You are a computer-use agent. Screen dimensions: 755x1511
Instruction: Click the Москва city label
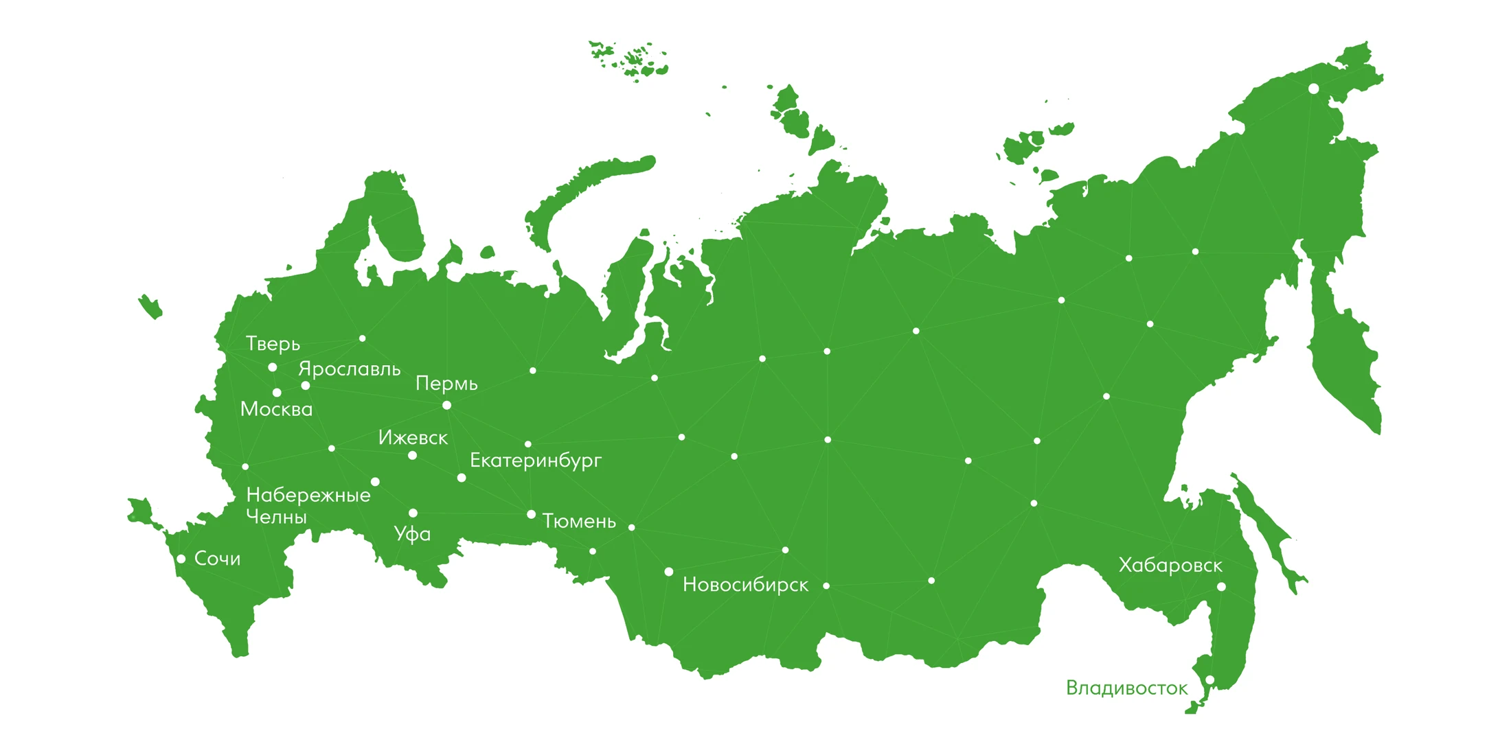(x=276, y=409)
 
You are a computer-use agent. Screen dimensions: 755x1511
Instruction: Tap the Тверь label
(x=273, y=344)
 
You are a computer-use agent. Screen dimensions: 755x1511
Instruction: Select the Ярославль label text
(x=349, y=369)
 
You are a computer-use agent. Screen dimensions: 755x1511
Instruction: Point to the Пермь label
(x=446, y=383)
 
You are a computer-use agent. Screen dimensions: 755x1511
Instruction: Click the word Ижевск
(x=413, y=437)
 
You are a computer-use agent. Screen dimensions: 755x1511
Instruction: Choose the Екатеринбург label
(x=535, y=461)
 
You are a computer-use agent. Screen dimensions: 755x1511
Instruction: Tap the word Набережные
(x=308, y=495)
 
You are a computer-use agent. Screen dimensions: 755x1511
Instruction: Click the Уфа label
(x=412, y=534)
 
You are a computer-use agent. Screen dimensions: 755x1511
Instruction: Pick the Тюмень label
(x=579, y=522)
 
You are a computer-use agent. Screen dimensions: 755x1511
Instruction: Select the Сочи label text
(x=217, y=559)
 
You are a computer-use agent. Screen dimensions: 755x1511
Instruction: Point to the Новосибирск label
(x=745, y=585)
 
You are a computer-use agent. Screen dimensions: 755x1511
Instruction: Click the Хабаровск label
(x=1170, y=566)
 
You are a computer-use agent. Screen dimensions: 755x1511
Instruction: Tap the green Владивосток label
(x=1126, y=688)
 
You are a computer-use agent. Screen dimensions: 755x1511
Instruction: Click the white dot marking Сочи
(x=181, y=559)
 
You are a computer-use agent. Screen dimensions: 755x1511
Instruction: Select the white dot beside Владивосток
(x=1209, y=680)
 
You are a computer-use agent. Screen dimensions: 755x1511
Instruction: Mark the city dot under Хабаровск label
(x=1221, y=587)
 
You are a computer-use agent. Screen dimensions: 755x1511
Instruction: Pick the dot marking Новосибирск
(x=668, y=572)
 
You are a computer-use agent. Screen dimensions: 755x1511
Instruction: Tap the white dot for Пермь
(x=446, y=406)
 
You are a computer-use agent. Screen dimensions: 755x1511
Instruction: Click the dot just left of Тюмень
(x=531, y=514)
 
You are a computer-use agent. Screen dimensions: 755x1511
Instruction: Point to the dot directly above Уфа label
(x=413, y=513)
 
